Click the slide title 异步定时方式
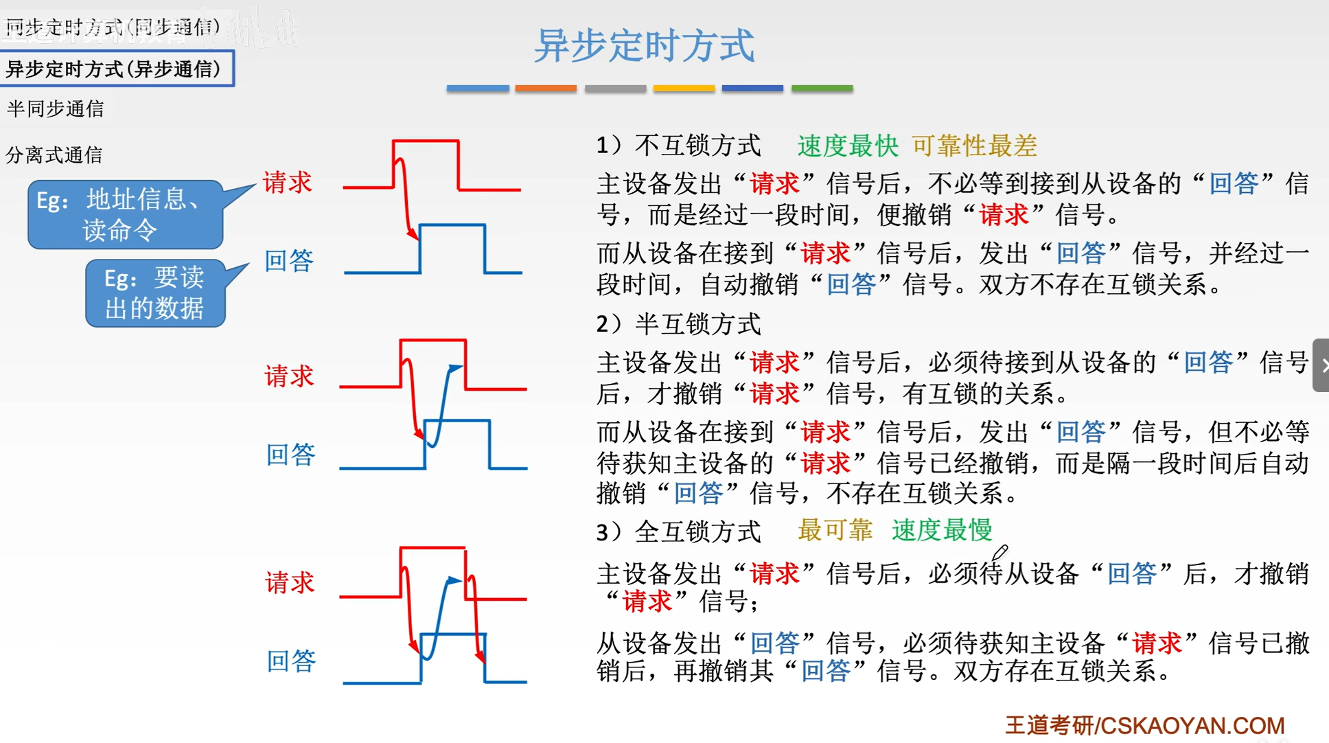coord(644,46)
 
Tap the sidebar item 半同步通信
coord(55,109)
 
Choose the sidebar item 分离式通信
coord(54,155)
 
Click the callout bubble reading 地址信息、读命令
coord(126,214)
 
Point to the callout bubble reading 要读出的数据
coord(155,293)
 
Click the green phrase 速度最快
coord(847,146)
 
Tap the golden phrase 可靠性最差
coord(973,146)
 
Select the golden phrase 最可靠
coord(835,530)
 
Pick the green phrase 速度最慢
coord(942,530)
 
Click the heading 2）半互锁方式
coord(678,324)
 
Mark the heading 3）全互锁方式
coord(678,531)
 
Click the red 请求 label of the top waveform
coord(288,183)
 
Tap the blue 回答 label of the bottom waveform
coord(291,661)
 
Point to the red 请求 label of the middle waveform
coord(289,376)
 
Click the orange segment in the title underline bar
coord(546,89)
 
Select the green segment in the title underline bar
coord(822,89)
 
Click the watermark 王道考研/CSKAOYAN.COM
coord(1144,725)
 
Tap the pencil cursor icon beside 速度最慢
coord(999,553)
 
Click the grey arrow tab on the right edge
coord(1321,365)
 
